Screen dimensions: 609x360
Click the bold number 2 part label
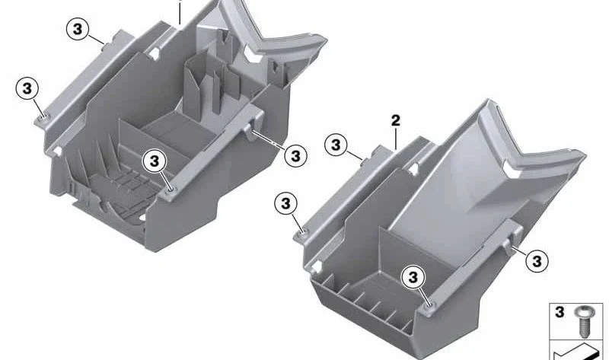tap(395, 121)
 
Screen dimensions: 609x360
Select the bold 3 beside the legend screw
tap(560, 312)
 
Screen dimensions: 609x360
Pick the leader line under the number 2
tap(396, 139)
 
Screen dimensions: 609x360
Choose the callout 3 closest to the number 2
tap(336, 145)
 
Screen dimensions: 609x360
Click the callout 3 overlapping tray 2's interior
tap(413, 277)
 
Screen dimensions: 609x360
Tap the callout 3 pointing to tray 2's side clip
tap(537, 261)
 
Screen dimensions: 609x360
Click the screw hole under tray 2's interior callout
tap(429, 305)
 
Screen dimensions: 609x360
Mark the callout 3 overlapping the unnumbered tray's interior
tap(155, 161)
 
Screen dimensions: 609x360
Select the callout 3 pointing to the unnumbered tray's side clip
tap(296, 156)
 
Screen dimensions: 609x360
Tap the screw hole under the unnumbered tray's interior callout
tap(170, 190)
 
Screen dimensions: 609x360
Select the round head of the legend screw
tap(582, 311)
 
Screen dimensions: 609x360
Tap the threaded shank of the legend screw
tap(582, 327)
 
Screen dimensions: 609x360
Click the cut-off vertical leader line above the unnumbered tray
tap(180, 11)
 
